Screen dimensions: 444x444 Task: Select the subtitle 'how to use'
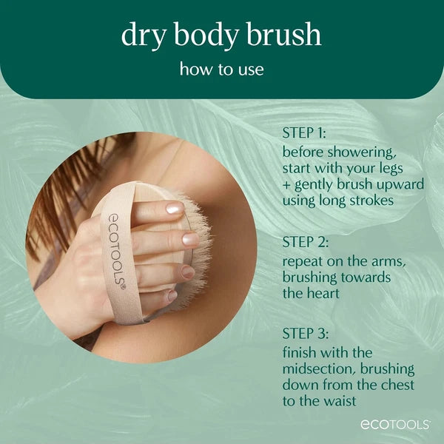222,70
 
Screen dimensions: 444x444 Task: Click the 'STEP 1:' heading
303,134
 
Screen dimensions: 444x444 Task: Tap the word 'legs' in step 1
406,166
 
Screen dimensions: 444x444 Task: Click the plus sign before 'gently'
286,184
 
